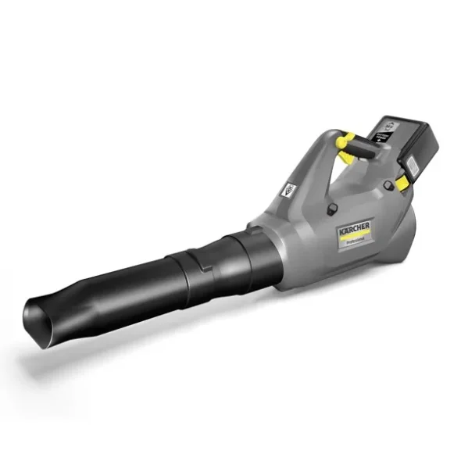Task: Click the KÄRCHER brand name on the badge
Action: tap(356, 228)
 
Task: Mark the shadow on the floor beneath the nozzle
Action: tap(94, 352)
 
